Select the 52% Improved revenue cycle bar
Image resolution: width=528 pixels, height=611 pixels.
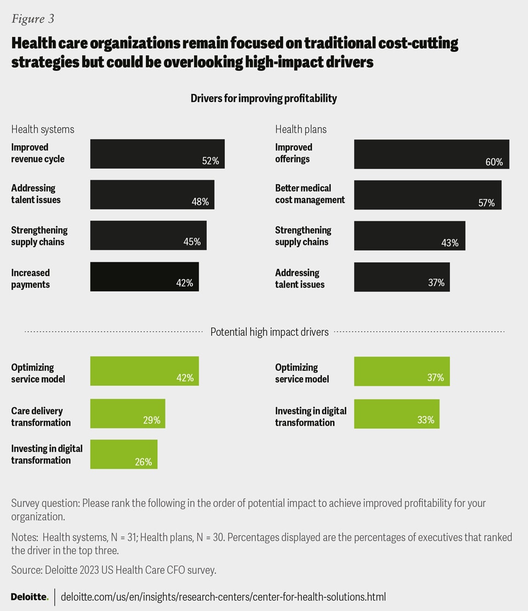click(x=157, y=153)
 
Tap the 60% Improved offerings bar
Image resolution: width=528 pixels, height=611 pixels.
click(x=431, y=154)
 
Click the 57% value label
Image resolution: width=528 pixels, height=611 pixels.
click(x=486, y=203)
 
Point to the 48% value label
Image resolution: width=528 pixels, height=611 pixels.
click(x=200, y=202)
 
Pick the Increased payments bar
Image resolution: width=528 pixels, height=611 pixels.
click(x=144, y=277)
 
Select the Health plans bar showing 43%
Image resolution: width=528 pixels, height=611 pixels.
click(x=409, y=236)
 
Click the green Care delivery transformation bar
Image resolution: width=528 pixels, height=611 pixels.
click(x=128, y=414)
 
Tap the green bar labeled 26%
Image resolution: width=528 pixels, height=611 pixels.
click(x=124, y=454)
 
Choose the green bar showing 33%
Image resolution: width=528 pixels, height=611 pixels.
click(x=397, y=414)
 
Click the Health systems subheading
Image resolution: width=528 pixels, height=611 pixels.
click(x=42, y=129)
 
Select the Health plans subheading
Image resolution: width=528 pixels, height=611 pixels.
click(x=300, y=129)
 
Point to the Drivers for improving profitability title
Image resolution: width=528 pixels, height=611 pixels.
click(x=263, y=98)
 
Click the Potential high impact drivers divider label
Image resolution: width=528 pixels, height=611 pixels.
click(x=269, y=332)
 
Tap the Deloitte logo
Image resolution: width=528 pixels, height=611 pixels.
click(x=30, y=597)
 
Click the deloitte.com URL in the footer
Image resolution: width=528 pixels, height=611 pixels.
click(x=223, y=597)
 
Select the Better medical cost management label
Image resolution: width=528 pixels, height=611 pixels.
click(x=310, y=194)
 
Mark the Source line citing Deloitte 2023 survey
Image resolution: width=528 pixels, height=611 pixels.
click(x=114, y=570)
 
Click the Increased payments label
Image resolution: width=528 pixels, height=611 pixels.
click(x=30, y=279)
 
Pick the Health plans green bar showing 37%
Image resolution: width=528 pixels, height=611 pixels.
click(x=402, y=371)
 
